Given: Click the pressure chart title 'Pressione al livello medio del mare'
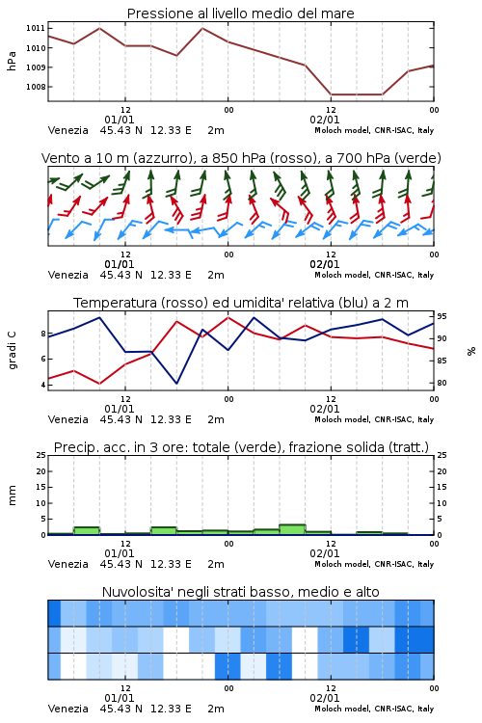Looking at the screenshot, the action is (x=240, y=13).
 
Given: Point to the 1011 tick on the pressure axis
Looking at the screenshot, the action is (x=36, y=28).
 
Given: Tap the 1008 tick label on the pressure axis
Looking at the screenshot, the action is (x=36, y=87).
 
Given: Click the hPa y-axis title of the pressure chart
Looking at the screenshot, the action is (x=12, y=61).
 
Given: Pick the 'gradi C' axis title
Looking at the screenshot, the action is (x=13, y=351).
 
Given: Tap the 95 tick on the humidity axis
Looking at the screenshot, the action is (x=442, y=316).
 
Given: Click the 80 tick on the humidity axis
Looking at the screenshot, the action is (x=442, y=383).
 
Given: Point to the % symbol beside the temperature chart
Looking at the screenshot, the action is (x=471, y=351).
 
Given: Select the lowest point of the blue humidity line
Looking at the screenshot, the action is (x=176, y=383).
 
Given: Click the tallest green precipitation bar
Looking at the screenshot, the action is (x=292, y=529).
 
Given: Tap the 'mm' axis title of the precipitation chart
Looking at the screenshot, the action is (x=13, y=495).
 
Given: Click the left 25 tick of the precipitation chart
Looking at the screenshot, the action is (x=41, y=455).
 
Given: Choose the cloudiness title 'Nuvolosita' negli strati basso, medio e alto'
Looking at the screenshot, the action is (x=240, y=592).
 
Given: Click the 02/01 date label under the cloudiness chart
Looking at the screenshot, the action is (x=324, y=698).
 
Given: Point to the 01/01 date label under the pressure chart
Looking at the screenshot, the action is (x=119, y=120).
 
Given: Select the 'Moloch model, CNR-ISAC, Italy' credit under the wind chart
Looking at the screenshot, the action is (x=374, y=275).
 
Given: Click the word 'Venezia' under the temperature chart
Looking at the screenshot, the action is (x=68, y=419).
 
